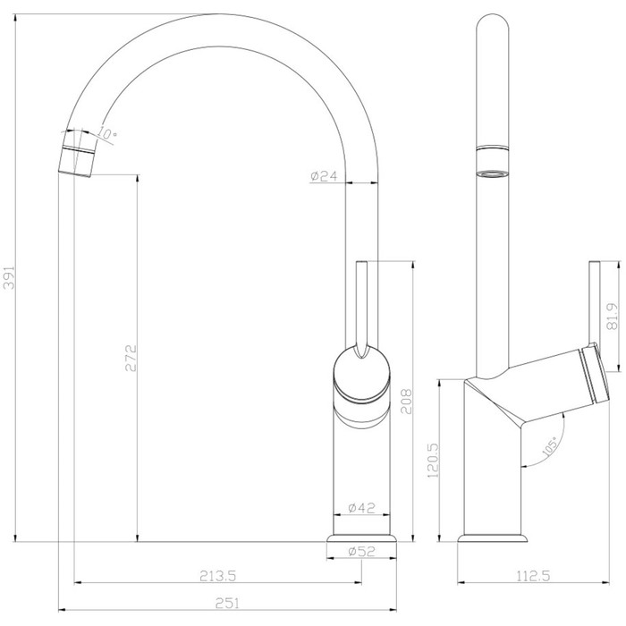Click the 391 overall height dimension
click(x=9, y=277)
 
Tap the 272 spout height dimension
click(x=131, y=358)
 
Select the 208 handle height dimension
click(x=406, y=402)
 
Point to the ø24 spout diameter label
click(x=324, y=175)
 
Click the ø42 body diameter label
click(x=361, y=508)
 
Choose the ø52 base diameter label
click(x=361, y=552)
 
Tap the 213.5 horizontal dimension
click(x=218, y=576)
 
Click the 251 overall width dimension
click(x=227, y=603)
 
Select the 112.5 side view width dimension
click(x=533, y=576)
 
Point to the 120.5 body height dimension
click(x=433, y=461)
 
